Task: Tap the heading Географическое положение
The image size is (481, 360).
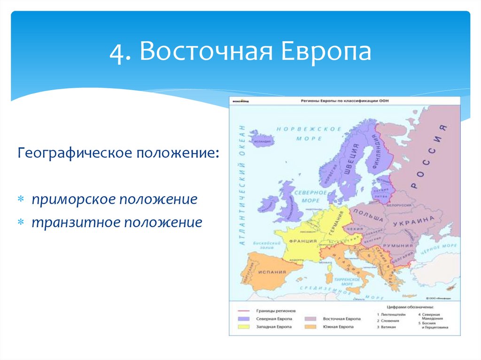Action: [118, 153]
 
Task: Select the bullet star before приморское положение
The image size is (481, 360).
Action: [21, 199]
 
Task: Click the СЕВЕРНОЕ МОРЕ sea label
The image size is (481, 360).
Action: [310, 196]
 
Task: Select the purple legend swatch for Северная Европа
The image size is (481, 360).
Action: [243, 319]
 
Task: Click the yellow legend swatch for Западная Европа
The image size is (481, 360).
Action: [243, 326]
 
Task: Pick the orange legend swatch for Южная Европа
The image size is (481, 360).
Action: [310, 326]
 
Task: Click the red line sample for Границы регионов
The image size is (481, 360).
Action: [243, 311]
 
